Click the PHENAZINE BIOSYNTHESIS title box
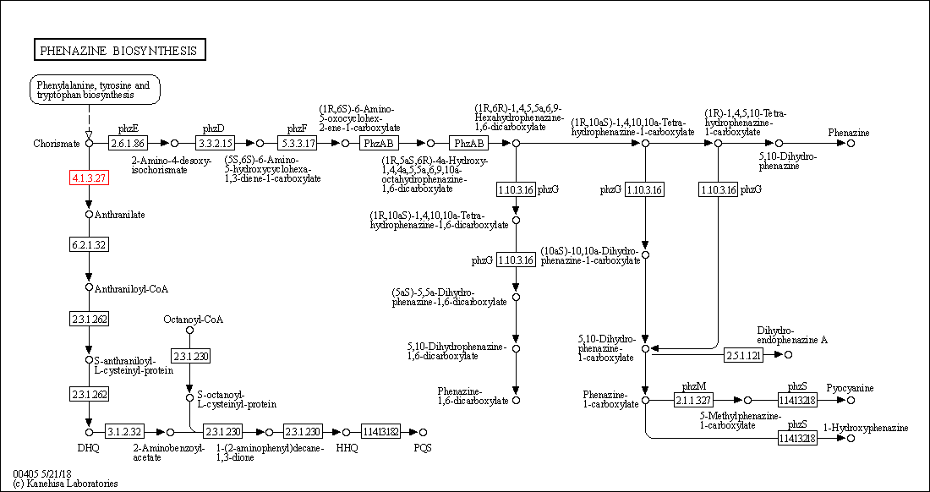(119, 51)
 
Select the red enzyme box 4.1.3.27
(89, 178)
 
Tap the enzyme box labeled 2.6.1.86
(128, 144)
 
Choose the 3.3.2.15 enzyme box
(214, 144)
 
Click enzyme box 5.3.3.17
(298, 144)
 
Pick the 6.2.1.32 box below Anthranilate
(89, 245)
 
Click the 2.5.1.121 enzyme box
(744, 355)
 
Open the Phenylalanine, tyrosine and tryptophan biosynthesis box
(95, 90)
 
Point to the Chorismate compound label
(57, 144)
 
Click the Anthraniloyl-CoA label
(131, 289)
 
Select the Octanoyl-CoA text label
(194, 319)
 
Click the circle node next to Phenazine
(851, 144)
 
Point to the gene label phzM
(693, 386)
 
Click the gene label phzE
(128, 128)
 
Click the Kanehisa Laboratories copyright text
(65, 484)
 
